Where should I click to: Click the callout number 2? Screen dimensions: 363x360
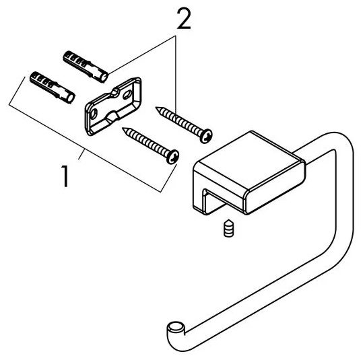click(184, 19)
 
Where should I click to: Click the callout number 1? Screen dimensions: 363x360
click(65, 176)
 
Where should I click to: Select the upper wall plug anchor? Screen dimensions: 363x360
click(86, 67)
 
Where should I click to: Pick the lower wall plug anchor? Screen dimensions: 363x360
click(53, 87)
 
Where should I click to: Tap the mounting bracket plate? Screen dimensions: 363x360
click(113, 106)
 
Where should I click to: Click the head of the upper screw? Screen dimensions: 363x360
click(206, 136)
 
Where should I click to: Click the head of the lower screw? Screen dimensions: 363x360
click(172, 157)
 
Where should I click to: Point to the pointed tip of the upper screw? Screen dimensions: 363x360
click(156, 108)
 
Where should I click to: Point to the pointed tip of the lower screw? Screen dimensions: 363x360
click(123, 128)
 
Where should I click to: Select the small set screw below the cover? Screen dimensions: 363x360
click(229, 228)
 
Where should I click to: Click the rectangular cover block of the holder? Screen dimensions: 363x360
click(249, 172)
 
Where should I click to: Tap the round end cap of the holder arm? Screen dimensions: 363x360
click(176, 328)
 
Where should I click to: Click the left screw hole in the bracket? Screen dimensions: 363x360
click(94, 114)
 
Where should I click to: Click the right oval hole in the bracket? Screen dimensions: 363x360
click(127, 95)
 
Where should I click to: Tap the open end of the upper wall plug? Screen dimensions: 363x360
click(104, 77)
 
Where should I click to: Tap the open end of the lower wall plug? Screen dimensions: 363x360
click(71, 98)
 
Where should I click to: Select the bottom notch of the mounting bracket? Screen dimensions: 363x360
click(112, 116)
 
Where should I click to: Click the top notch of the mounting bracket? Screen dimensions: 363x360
click(114, 93)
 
